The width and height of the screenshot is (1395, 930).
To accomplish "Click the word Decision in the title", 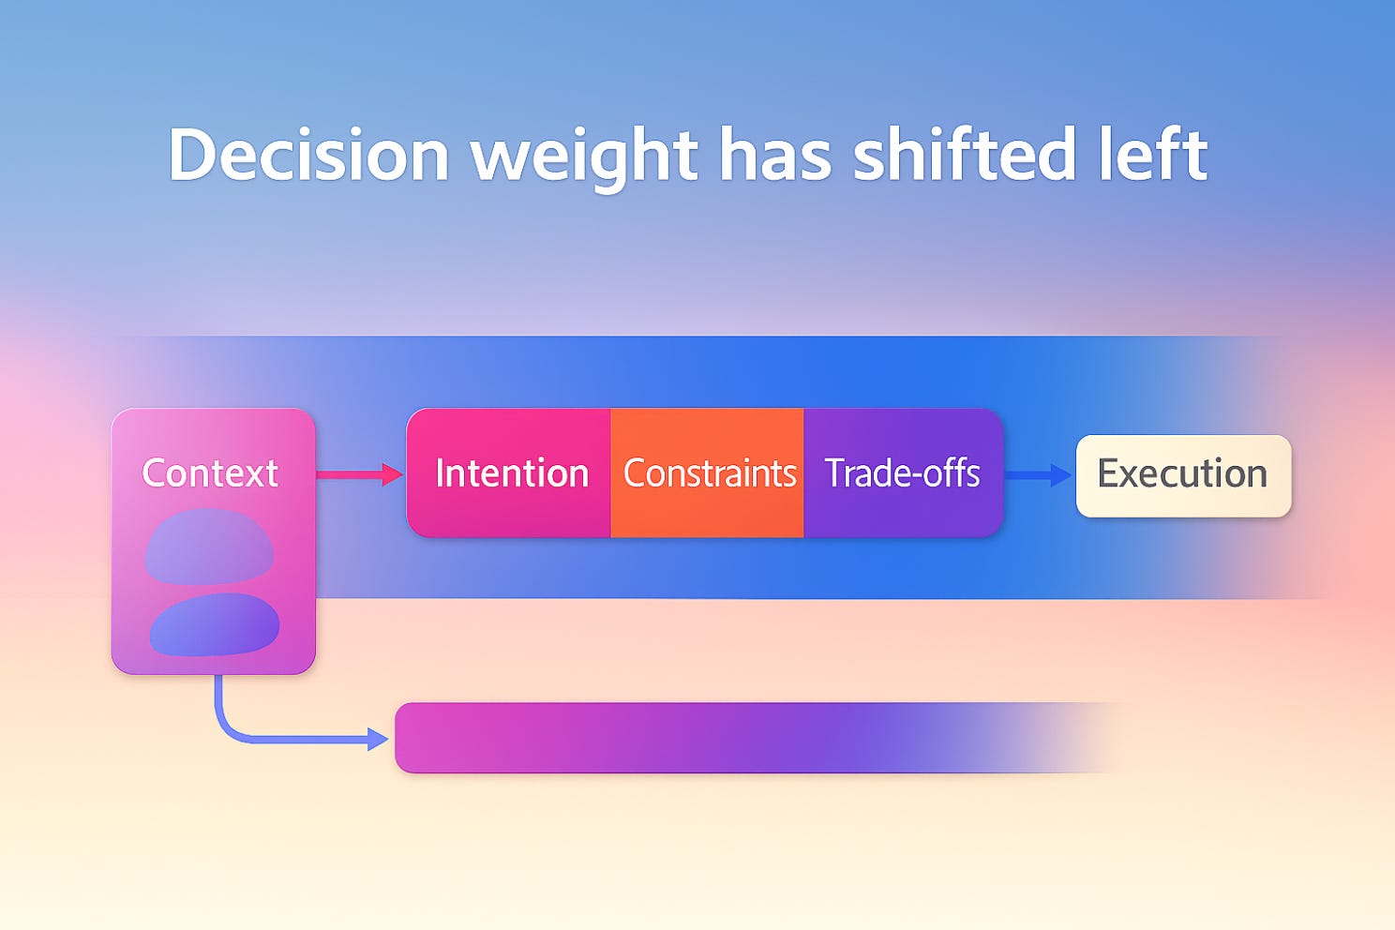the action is click(x=308, y=154).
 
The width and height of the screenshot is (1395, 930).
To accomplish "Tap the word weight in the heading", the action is click(x=583, y=158).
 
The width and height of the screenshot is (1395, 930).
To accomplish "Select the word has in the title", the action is click(x=775, y=153).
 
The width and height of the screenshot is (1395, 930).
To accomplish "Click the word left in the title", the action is click(x=1153, y=153).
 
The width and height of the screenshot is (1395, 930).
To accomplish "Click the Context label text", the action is click(x=210, y=472).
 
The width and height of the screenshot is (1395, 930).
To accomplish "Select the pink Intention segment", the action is click(x=508, y=472).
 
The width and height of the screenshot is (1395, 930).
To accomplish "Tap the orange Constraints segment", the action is click(x=707, y=472).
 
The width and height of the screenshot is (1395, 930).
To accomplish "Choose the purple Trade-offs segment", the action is click(x=903, y=472).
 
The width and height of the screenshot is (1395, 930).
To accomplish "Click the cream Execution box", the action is click(x=1183, y=476).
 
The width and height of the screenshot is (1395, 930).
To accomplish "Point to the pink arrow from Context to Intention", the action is click(x=359, y=474).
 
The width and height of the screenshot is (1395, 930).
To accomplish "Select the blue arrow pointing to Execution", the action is click(x=1038, y=475).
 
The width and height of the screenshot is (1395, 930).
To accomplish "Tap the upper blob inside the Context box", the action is click(x=209, y=547).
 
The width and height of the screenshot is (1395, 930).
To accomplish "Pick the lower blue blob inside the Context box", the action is click(x=215, y=624).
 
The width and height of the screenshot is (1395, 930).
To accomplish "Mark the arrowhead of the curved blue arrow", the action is click(x=378, y=740).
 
